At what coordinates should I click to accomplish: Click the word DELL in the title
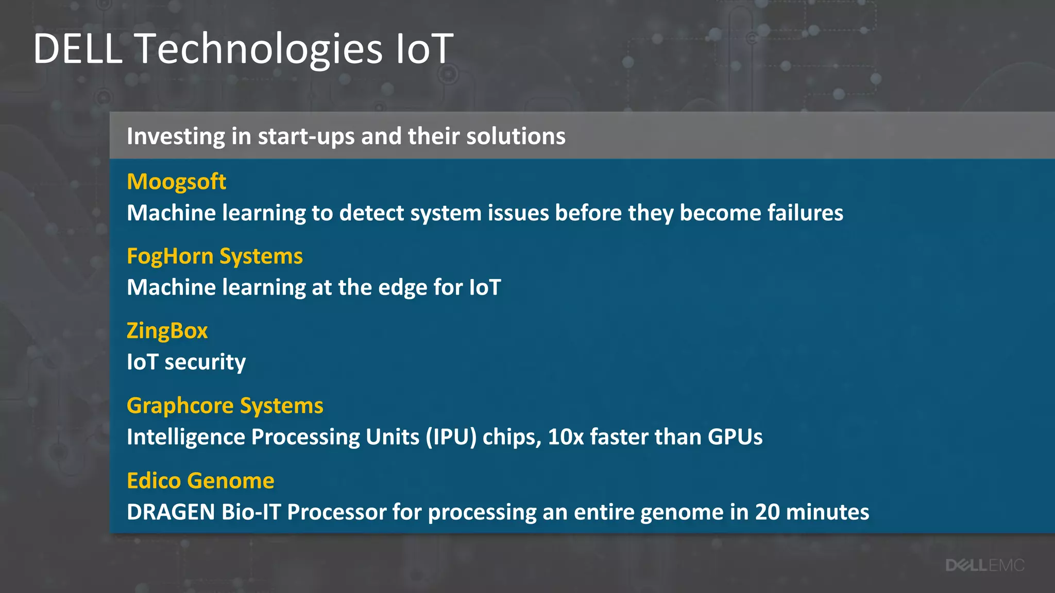point(78,48)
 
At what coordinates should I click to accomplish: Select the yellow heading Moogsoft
point(176,182)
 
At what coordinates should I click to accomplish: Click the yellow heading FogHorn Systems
point(214,256)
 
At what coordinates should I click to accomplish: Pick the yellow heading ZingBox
point(167,330)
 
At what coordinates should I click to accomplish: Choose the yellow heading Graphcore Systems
point(225,406)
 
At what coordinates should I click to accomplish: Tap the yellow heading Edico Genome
point(200,481)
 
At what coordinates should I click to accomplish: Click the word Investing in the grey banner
point(176,136)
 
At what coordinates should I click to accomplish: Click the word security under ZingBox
point(205,362)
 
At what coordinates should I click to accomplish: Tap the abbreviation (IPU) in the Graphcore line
point(451,437)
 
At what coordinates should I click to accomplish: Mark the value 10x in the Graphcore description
point(566,437)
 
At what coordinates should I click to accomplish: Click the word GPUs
point(735,437)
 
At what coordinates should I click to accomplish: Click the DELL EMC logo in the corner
point(984,565)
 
